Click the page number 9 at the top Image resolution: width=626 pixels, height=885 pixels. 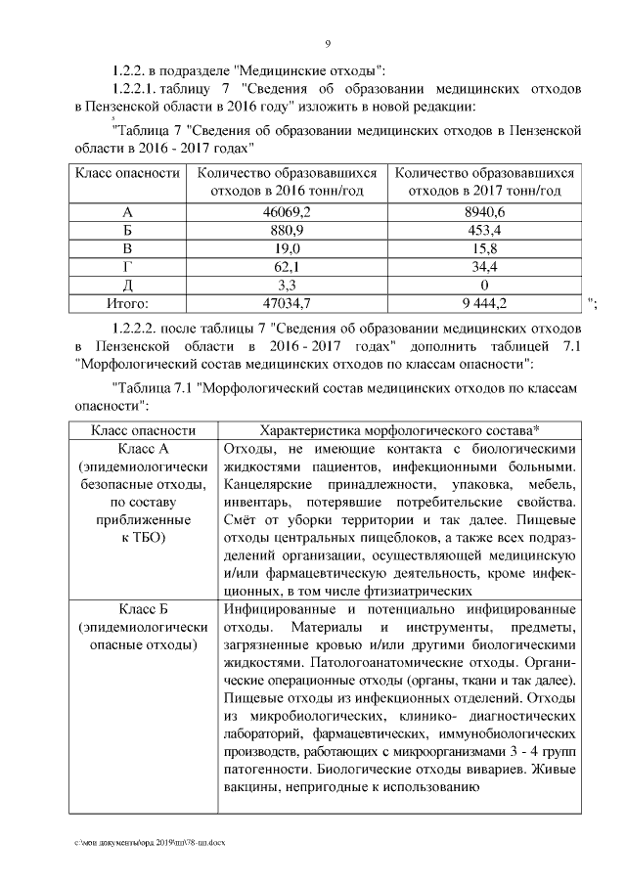click(327, 44)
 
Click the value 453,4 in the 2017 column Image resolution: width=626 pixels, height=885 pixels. click(485, 230)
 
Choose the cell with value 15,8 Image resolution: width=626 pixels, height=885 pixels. click(485, 247)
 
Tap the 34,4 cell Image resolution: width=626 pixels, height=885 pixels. click(485, 266)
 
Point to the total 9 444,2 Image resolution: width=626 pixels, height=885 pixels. click(485, 303)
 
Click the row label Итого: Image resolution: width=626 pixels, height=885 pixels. click(127, 303)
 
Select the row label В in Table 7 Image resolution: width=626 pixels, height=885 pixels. click(127, 247)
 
